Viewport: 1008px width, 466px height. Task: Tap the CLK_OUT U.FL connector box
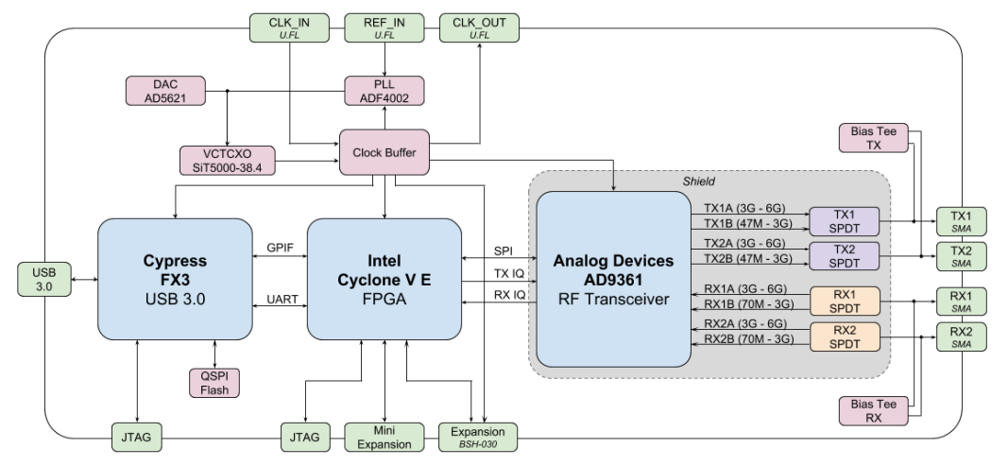click(477, 26)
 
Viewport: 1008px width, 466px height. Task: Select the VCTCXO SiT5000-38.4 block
click(228, 159)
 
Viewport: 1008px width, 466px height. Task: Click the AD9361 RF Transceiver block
click(613, 279)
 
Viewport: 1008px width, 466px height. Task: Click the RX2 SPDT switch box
click(844, 338)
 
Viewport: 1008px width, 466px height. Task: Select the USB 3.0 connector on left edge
click(40, 280)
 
